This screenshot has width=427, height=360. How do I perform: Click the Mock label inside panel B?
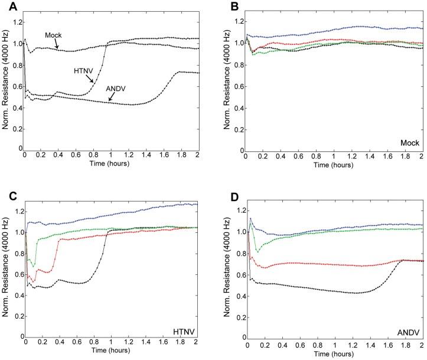click(408, 142)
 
